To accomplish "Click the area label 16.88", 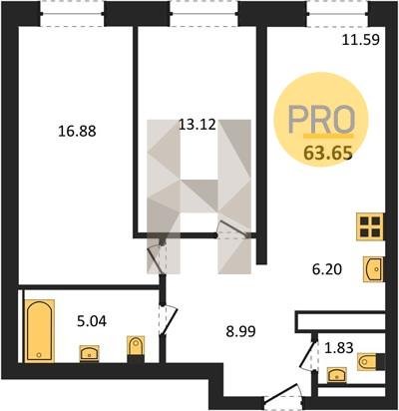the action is [x=77, y=131].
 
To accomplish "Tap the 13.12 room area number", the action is [x=198, y=125].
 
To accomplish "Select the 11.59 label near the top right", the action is [x=361, y=40].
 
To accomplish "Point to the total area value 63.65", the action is [x=328, y=154].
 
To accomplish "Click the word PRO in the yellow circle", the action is [x=322, y=120].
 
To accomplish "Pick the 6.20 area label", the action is [x=327, y=269].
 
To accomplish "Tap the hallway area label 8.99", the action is [x=240, y=331].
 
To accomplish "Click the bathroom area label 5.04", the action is [x=92, y=321].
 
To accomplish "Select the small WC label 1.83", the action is [x=338, y=348].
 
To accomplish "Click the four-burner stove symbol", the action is [x=370, y=226].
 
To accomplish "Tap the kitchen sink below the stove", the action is [x=373, y=269].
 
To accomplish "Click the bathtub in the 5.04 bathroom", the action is [x=39, y=330].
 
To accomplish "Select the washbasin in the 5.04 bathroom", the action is [x=89, y=353].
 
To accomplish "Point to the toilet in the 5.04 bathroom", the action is [x=136, y=348].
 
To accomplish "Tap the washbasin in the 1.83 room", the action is [x=337, y=375].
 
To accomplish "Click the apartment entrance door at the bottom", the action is [x=283, y=396].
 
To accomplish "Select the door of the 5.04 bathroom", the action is [x=169, y=320].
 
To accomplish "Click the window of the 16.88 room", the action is [x=73, y=13].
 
